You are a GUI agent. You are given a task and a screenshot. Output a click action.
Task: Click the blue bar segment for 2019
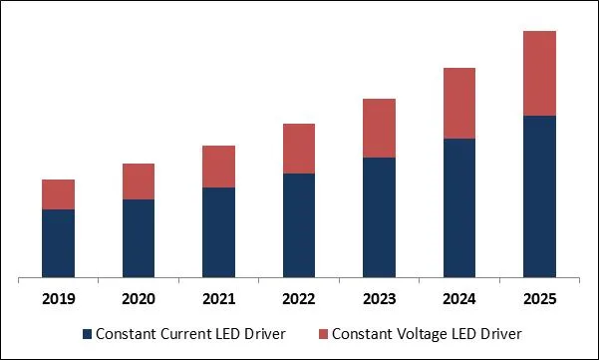[58, 243]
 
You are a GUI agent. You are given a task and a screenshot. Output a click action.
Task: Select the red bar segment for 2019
[58, 194]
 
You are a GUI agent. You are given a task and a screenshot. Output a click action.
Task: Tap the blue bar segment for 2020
[139, 238]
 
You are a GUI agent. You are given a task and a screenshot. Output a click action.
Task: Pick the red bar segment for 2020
[139, 181]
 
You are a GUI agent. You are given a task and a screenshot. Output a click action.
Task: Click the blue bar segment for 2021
[218, 232]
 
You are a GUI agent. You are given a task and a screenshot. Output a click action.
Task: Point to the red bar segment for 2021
[218, 167]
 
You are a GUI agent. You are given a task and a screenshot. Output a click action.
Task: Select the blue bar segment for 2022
[299, 225]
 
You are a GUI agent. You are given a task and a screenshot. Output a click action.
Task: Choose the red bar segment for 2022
[299, 149]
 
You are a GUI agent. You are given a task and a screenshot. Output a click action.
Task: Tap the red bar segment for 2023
[379, 129]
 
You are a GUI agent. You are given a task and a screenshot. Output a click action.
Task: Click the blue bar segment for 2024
[459, 207]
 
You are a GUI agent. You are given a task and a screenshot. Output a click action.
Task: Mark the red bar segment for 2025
[539, 74]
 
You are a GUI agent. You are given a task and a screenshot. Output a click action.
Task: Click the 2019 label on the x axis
[58, 298]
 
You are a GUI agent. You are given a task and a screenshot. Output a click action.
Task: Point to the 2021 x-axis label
[218, 298]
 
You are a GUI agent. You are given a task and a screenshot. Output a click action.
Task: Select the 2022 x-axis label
[299, 298]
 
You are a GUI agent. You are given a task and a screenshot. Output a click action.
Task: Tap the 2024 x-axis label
[459, 298]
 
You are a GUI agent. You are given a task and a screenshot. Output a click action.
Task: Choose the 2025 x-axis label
[539, 298]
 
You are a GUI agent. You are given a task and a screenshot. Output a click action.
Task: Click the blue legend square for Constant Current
[87, 332]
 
